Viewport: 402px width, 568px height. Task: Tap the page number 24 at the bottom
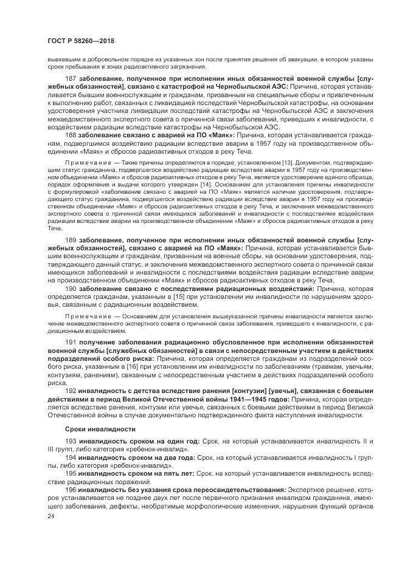(x=51, y=516)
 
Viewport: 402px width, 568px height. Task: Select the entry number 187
(x=70, y=80)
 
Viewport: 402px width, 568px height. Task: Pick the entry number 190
(x=70, y=289)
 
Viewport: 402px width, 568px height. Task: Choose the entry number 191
(x=70, y=343)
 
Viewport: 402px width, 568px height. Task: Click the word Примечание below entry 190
(x=85, y=317)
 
